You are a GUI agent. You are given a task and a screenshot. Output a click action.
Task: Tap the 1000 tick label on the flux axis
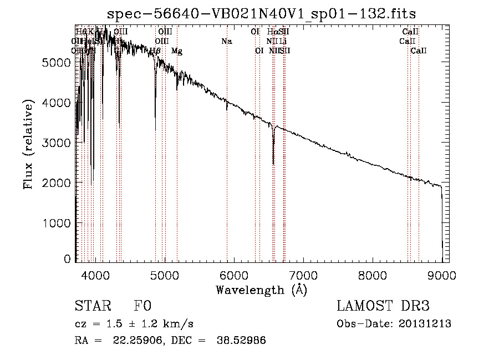pyautogui.click(x=57, y=222)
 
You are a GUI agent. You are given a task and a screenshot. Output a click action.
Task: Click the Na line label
pyautogui.click(x=226, y=42)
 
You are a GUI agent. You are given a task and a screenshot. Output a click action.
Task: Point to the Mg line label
pyautogui.click(x=176, y=51)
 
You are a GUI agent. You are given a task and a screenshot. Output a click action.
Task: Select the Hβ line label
pyautogui.click(x=155, y=51)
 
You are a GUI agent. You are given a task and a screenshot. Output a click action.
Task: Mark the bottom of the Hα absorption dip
pyautogui.click(x=273, y=164)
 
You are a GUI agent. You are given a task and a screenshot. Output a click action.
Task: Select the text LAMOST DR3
pyautogui.click(x=383, y=306)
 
